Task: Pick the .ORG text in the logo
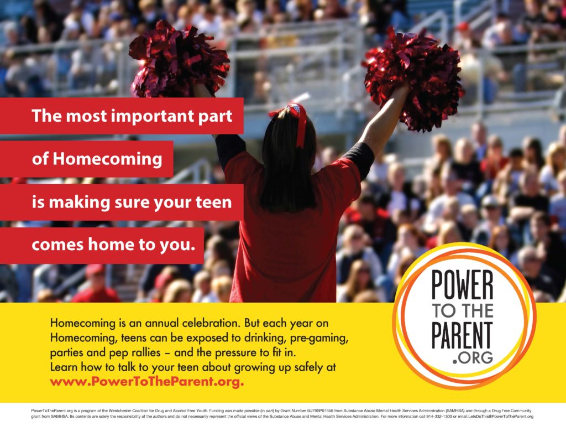pyautogui.click(x=472, y=357)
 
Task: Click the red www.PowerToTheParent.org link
pyautogui.click(x=147, y=382)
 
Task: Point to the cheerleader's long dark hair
pyautogui.click(x=287, y=166)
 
